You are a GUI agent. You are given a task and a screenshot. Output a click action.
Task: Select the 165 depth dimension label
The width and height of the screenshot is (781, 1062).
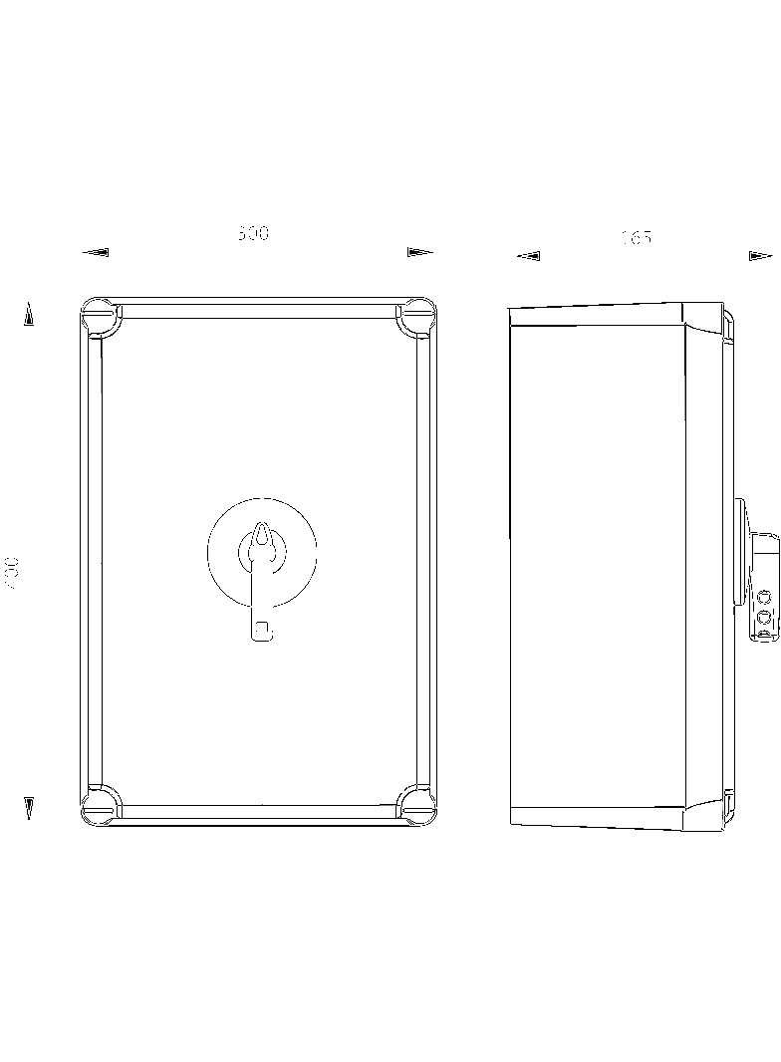pos(636,238)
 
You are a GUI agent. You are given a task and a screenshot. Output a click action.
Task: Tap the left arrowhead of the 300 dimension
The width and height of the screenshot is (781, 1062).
pos(96,253)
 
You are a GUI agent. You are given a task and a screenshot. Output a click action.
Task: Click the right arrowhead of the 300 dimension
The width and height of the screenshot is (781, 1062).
pos(420,253)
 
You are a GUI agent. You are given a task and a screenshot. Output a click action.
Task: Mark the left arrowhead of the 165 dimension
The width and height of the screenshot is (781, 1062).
pos(529,256)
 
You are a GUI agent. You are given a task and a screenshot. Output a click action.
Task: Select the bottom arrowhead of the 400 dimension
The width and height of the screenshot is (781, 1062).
pos(29,808)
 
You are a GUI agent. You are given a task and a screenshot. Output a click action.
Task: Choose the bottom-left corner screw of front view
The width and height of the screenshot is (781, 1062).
pos(101,806)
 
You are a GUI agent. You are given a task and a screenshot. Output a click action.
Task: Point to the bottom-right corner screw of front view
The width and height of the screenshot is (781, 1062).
pos(416,806)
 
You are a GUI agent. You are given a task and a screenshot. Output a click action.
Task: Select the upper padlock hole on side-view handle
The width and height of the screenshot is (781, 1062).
pos(764,598)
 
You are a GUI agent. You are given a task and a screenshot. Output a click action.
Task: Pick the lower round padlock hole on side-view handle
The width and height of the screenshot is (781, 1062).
pos(764,619)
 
